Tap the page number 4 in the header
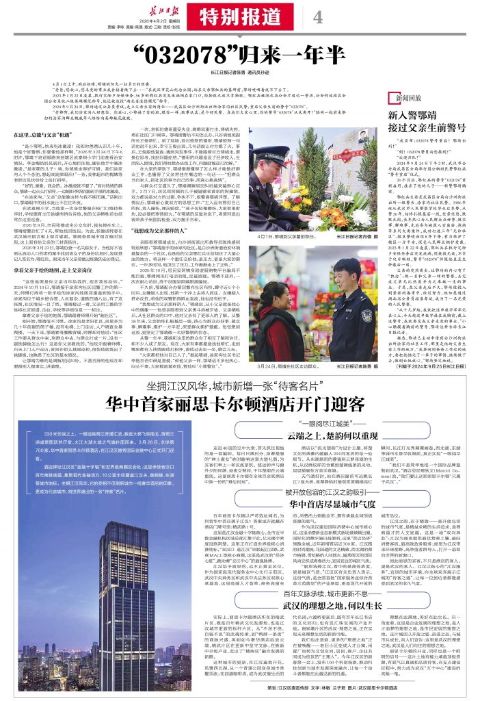[318, 17]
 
